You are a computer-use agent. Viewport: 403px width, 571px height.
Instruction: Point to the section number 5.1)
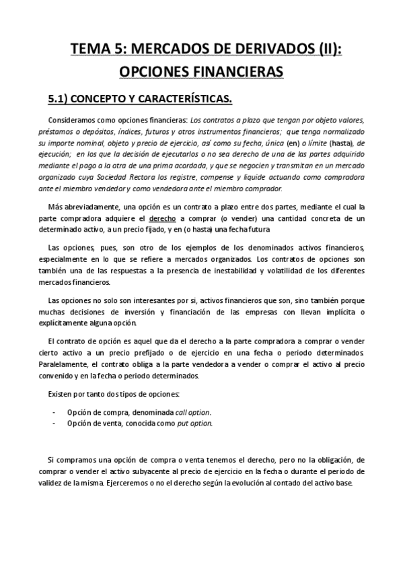(61, 100)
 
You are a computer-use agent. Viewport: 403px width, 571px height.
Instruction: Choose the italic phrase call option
(193, 412)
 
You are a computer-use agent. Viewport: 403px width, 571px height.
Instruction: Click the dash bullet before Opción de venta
(54, 424)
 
